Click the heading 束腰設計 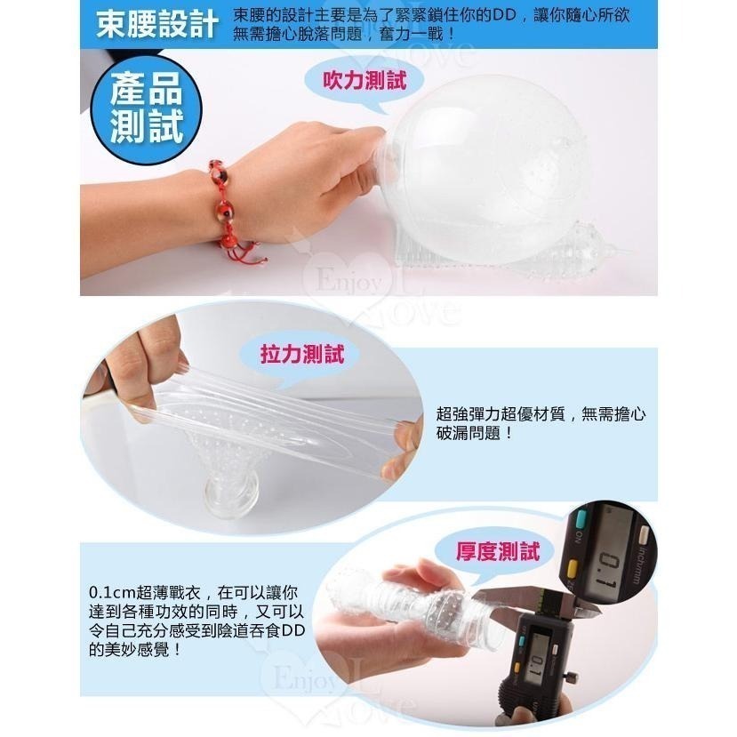[157, 25]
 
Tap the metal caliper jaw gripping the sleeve [498, 599]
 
